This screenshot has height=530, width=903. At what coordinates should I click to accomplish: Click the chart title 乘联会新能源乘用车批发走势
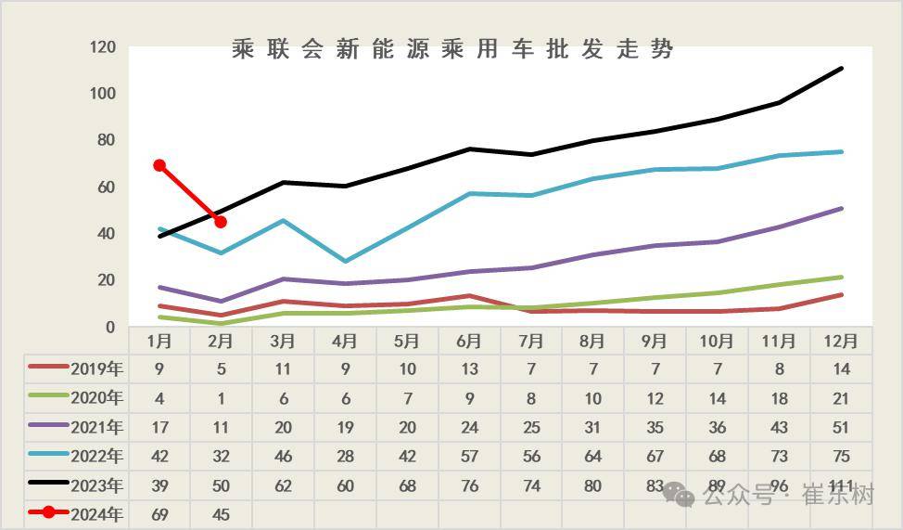[x=452, y=49]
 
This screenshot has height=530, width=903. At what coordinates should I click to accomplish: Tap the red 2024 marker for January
[x=159, y=165]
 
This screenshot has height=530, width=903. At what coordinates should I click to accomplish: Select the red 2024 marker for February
[x=221, y=222]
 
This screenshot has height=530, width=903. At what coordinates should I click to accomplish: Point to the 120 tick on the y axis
[x=102, y=47]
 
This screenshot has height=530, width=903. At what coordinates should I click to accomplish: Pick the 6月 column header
[x=469, y=341]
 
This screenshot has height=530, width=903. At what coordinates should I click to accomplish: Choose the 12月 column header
[x=841, y=341]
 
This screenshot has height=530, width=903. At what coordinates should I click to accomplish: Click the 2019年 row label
[x=96, y=368]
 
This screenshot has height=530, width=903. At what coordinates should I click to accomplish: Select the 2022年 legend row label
[x=96, y=456]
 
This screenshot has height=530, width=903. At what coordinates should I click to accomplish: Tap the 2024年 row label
[x=96, y=514]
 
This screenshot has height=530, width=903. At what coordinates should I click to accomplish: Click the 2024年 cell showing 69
[x=159, y=514]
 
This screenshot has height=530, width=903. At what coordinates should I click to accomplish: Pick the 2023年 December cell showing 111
[x=841, y=485]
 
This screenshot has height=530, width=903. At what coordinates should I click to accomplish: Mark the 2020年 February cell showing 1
[x=221, y=398]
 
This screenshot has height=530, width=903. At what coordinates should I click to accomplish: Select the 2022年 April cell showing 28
[x=345, y=456]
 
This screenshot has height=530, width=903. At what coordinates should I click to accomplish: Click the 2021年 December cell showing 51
[x=841, y=427]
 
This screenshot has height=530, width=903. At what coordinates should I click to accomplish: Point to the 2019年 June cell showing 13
[x=469, y=368]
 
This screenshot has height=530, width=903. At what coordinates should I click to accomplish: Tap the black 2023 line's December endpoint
[x=841, y=68]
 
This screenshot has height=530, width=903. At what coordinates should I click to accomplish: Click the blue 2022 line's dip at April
[x=345, y=261]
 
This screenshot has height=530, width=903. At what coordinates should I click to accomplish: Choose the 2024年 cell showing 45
[x=221, y=514]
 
